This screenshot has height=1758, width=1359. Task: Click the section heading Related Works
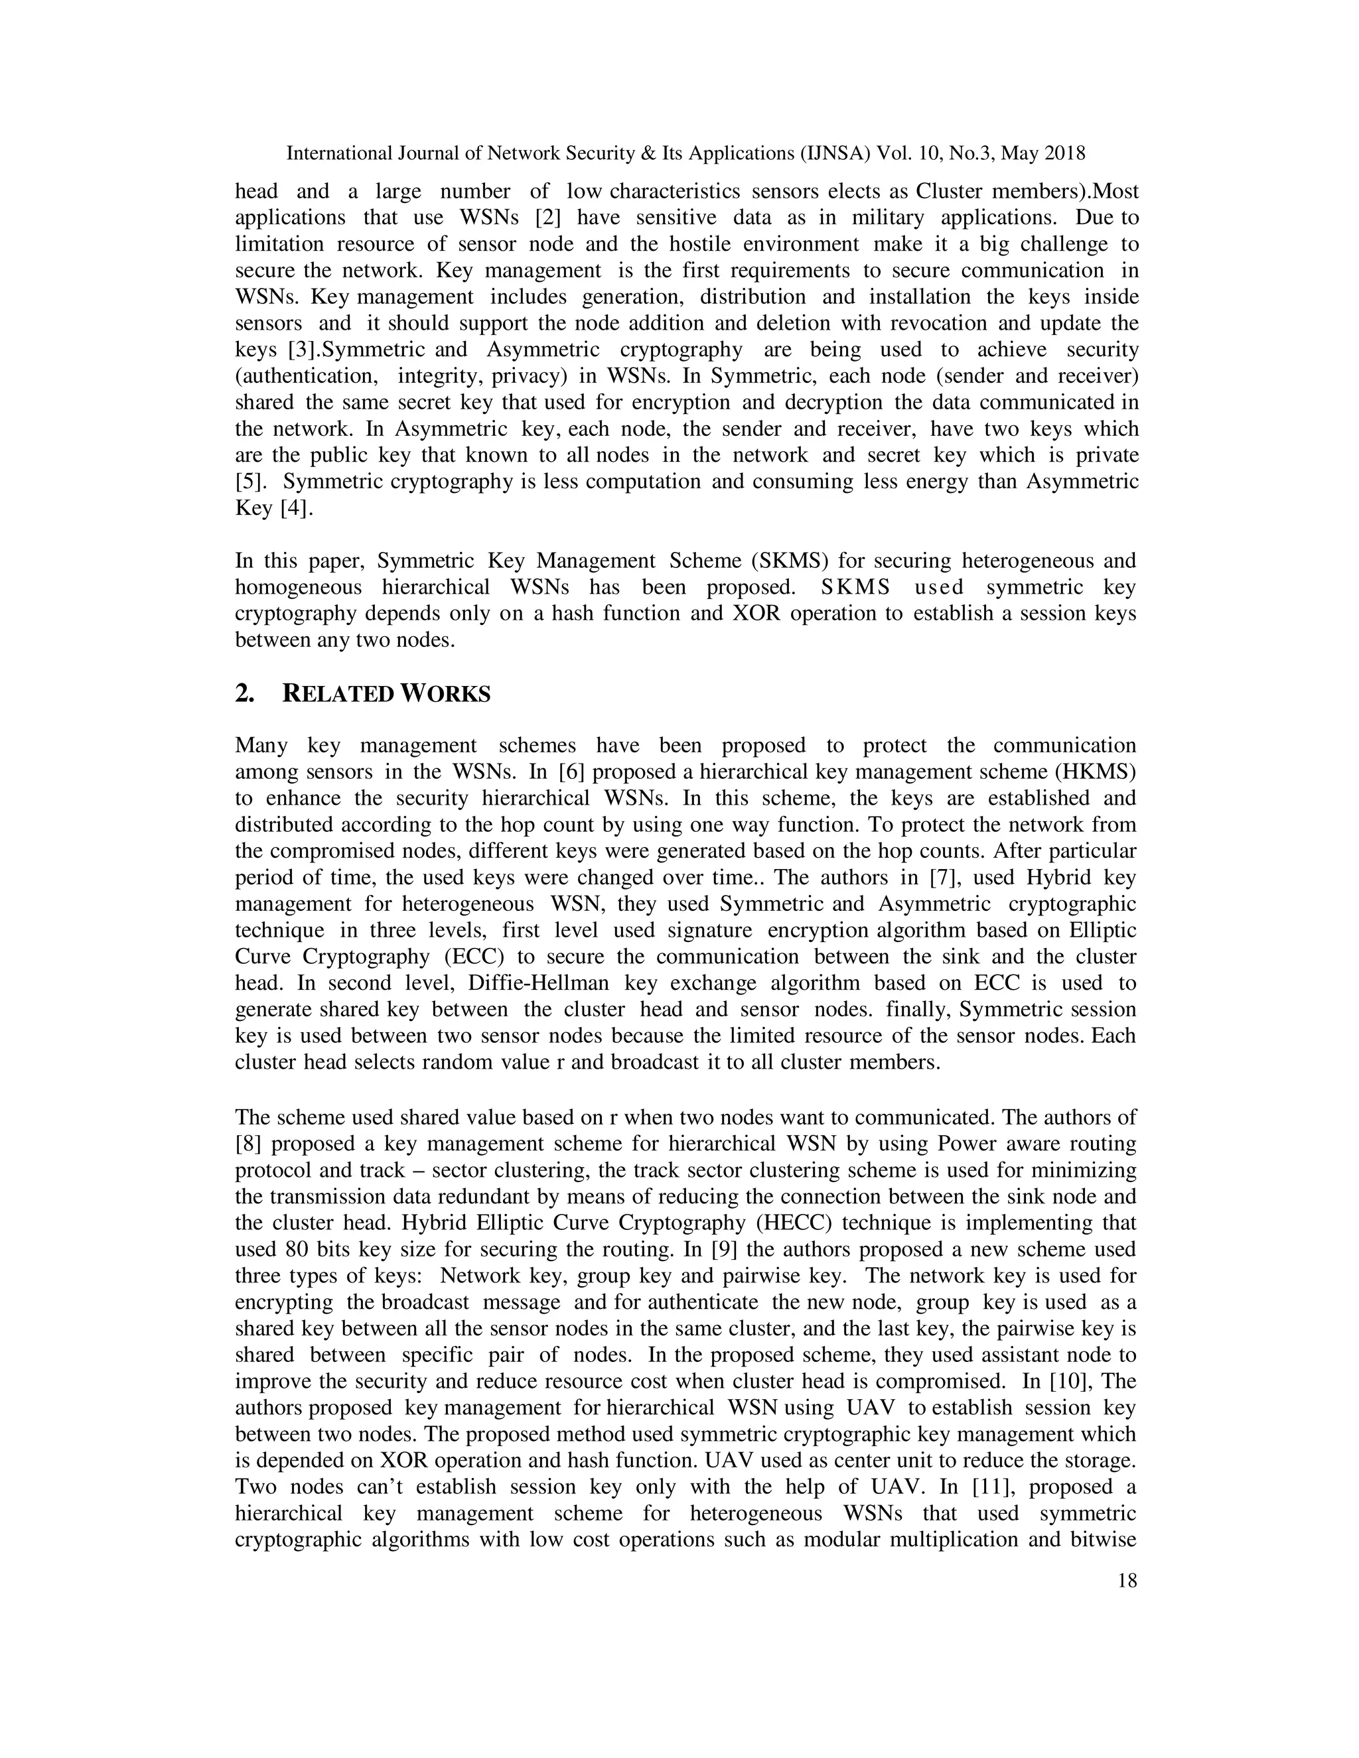tap(386, 694)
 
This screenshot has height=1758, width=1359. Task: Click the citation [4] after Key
tap(295, 509)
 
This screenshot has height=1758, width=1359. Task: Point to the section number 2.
tap(245, 694)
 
